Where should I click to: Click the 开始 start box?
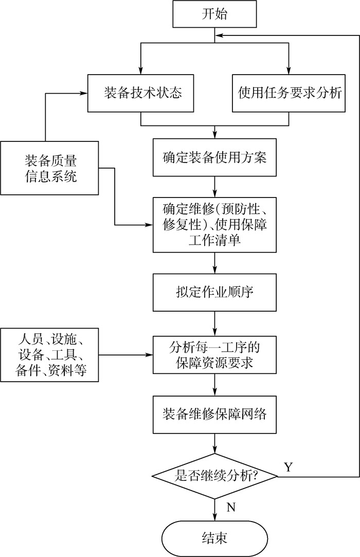coord(214,14)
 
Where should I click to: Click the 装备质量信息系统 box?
coord(50,168)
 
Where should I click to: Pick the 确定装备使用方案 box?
coord(214,157)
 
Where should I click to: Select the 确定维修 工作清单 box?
coord(214,224)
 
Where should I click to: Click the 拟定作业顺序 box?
coord(214,292)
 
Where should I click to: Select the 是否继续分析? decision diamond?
coord(214,477)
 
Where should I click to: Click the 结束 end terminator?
coord(214,538)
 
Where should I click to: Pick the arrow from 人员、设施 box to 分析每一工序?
coord(126,355)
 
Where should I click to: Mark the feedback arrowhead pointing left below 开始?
coord(219,35)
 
